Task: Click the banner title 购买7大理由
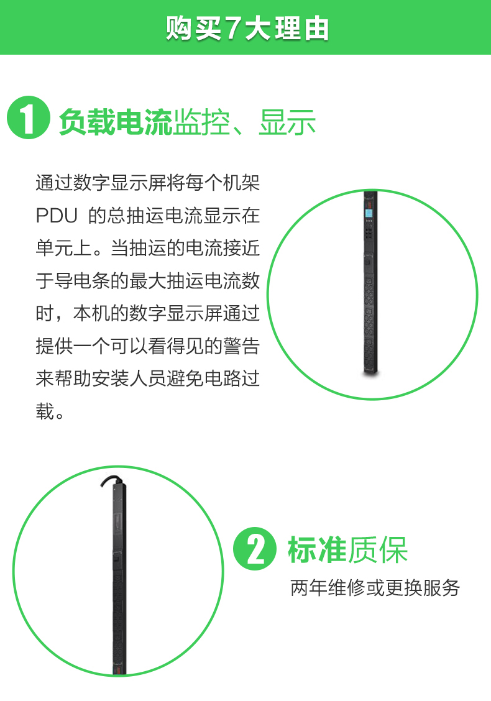tap(247, 29)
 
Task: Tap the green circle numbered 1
tap(29, 117)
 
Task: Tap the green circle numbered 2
tap(255, 549)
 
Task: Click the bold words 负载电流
tap(116, 122)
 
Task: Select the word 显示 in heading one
tap(288, 122)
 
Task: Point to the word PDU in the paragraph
tap(57, 216)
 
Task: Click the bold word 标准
tap(317, 549)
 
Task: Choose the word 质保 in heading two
tap(377, 549)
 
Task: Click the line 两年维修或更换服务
tap(375, 588)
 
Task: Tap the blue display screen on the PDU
tap(369, 213)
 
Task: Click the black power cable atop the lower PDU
tap(111, 480)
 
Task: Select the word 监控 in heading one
tap(201, 122)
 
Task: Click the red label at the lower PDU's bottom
tap(119, 671)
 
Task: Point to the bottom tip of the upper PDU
tap(371, 373)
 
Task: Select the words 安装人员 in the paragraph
tap(129, 378)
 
